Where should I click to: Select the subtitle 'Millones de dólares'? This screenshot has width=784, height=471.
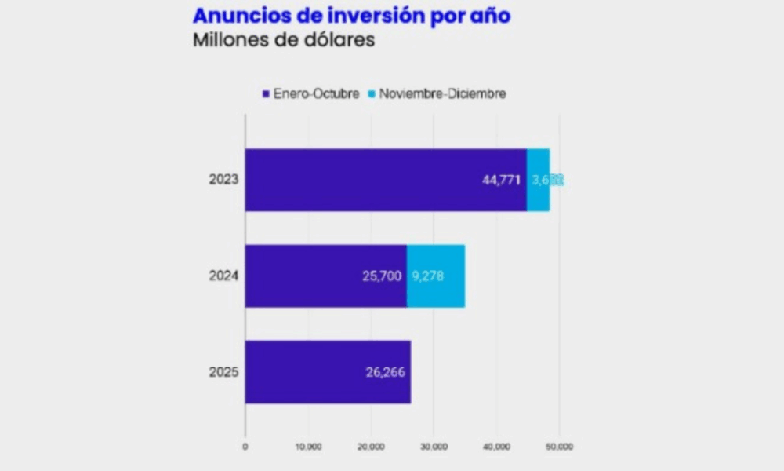tap(283, 41)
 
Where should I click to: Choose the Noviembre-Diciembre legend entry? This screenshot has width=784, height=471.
tap(437, 93)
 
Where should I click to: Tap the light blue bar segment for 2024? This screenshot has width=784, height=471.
tap(436, 276)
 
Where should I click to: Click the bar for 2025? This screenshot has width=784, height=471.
tap(328, 372)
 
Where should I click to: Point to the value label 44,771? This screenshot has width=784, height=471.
tap(501, 180)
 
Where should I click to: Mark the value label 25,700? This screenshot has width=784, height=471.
tap(381, 276)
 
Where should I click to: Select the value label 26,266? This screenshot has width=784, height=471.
tap(384, 372)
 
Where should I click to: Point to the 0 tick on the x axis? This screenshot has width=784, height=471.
tap(245, 446)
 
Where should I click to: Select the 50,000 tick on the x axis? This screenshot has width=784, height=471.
tap(559, 446)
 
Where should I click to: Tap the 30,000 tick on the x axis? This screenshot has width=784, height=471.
tap(434, 446)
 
